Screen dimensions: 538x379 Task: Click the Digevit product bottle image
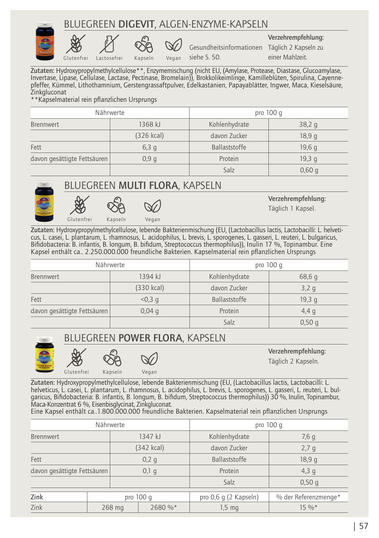pos(45,41)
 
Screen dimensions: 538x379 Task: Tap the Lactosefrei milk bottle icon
pos(109,44)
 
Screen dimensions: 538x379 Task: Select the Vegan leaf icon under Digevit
pos(173,45)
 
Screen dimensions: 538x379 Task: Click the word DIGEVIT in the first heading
pos(136,24)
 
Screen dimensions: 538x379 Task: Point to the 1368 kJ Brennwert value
pos(150,124)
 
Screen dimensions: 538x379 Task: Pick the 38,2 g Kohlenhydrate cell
pos(308,124)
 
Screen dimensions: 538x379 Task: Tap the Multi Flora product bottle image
pos(44,202)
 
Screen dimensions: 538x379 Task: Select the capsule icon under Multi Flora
pos(116,205)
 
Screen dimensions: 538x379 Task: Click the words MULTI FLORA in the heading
pos(148,185)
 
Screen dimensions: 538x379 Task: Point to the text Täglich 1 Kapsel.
pos(292,208)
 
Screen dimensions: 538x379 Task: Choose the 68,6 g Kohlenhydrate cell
pos(308,277)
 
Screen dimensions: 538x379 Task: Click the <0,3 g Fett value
pos(150,299)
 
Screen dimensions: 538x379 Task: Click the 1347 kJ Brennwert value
pos(150,437)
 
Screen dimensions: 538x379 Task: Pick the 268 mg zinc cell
pos(113,507)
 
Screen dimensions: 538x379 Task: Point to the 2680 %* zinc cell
pos(164,507)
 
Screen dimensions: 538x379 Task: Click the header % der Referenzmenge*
pos(308,497)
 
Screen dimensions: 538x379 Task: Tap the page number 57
pos(364,526)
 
